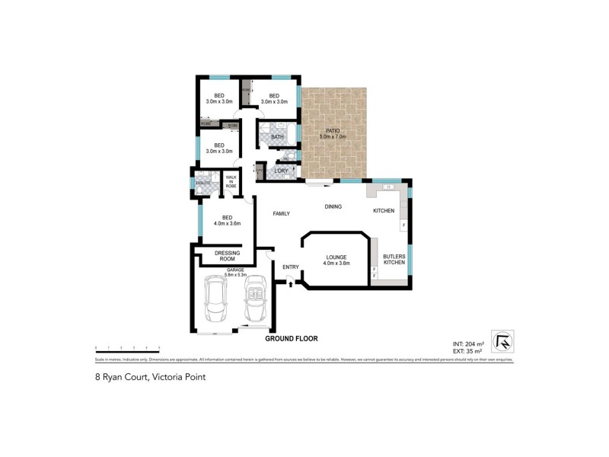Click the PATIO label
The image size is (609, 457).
point(333,131)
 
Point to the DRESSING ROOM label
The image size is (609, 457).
point(228,256)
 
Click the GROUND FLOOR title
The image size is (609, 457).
point(291,337)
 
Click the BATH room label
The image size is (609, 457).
point(266,137)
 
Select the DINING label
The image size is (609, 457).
point(333,206)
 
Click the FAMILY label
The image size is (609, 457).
point(282,214)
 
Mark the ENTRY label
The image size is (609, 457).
point(290,267)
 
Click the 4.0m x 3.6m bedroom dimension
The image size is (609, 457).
point(227,223)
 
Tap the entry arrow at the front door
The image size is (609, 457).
point(290,283)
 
